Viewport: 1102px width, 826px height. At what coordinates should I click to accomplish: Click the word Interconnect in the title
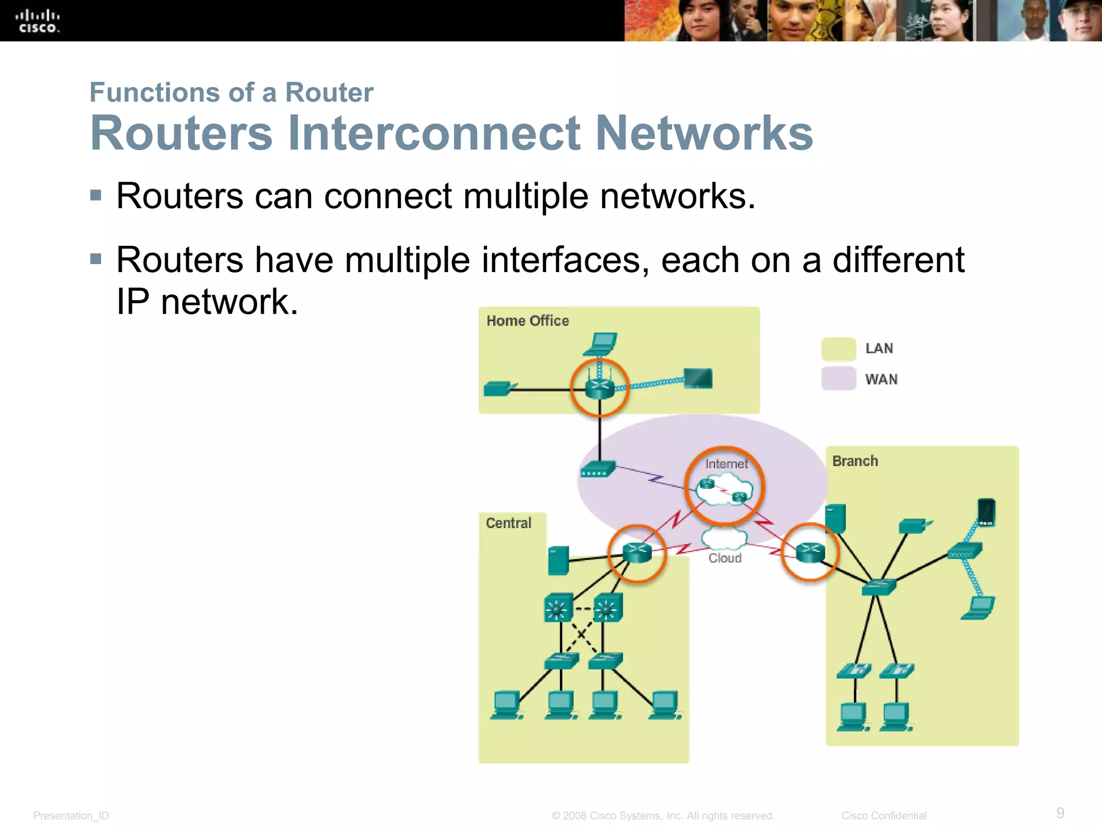point(434,133)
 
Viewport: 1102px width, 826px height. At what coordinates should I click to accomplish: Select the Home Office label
point(527,321)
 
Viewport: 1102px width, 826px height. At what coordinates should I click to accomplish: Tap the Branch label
point(855,461)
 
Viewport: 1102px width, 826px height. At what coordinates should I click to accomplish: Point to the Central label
point(508,523)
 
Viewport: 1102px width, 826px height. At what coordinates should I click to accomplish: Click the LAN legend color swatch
point(838,349)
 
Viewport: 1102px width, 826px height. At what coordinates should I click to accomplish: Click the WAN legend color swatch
point(838,379)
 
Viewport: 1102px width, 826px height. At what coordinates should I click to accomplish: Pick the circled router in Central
point(637,552)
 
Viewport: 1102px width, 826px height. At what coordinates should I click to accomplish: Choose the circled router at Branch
point(810,552)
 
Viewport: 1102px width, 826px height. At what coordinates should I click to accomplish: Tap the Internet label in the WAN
point(726,464)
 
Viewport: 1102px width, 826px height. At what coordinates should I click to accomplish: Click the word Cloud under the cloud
point(725,558)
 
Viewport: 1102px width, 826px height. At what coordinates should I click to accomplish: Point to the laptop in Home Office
point(601,344)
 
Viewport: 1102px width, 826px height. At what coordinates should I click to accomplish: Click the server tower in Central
point(559,560)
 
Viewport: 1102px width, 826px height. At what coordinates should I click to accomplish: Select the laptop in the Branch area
point(979,608)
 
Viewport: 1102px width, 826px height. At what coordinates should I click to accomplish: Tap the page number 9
point(1060,813)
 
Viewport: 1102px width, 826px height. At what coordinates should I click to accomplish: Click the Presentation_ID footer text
point(71,816)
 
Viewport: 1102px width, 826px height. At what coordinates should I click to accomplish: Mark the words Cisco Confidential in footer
point(884,816)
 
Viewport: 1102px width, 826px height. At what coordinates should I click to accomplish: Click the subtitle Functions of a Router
point(231,92)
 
